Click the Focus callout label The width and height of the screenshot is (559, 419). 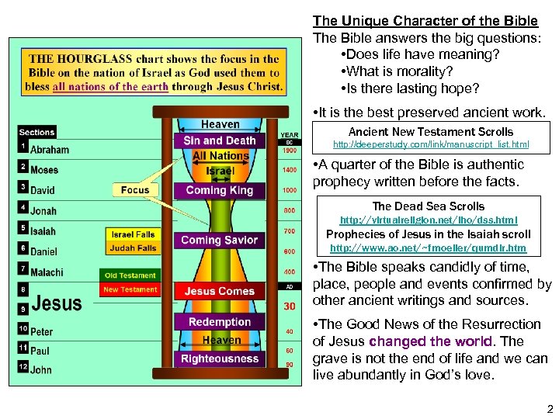pos(135,189)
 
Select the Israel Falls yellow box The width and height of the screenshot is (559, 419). pos(134,234)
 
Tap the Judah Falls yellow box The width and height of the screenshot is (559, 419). pos(134,248)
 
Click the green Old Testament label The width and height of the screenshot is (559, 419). pos(130,275)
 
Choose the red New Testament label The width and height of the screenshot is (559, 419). pos(130,289)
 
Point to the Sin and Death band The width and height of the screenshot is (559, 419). pos(220,140)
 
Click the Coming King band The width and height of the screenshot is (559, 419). pos(220,190)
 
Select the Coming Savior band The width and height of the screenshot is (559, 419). pos(219,241)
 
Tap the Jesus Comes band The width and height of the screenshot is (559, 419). pos(220,292)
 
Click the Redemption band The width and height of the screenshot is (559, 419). pos(220,322)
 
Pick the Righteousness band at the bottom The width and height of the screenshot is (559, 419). pos(220,359)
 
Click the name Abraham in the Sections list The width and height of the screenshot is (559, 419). pos(50,150)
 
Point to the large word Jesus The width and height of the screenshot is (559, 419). pos(57,303)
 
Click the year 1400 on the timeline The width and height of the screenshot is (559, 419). pos(290,170)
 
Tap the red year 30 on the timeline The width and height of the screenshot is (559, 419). pos(290,306)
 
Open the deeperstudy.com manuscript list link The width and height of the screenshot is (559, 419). pos(431,144)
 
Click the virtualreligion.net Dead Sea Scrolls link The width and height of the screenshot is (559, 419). pos(429,220)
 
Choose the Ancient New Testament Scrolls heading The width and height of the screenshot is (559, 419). pos(431,132)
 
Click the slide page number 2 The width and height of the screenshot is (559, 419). pos(549,408)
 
